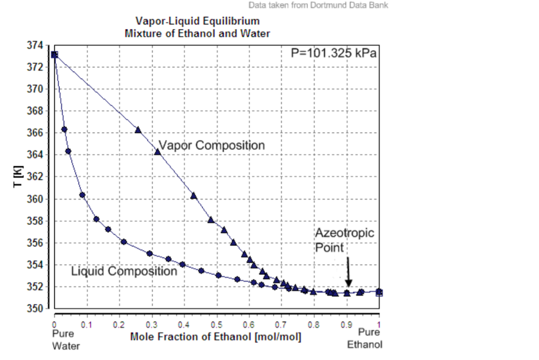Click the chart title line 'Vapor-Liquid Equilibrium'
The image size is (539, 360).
pyautogui.click(x=197, y=22)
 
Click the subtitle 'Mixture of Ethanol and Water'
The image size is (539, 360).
pyautogui.click(x=197, y=33)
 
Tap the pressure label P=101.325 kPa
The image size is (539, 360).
pyautogui.click(x=334, y=53)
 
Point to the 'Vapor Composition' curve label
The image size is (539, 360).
pyautogui.click(x=212, y=145)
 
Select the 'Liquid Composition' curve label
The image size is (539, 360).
pyautogui.click(x=124, y=271)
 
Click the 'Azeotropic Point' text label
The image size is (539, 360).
pyautogui.click(x=344, y=240)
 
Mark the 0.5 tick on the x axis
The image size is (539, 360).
pyautogui.click(x=217, y=325)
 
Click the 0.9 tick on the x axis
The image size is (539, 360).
pyautogui.click(x=346, y=325)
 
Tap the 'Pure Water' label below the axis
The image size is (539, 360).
pyautogui.click(x=66, y=339)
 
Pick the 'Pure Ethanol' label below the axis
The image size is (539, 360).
pyautogui.click(x=365, y=338)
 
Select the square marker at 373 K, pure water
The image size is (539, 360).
pyautogui.click(x=54, y=54)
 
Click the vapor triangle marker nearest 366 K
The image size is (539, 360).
pyautogui.click(x=138, y=129)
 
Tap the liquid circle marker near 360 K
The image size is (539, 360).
pyautogui.click(x=82, y=195)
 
